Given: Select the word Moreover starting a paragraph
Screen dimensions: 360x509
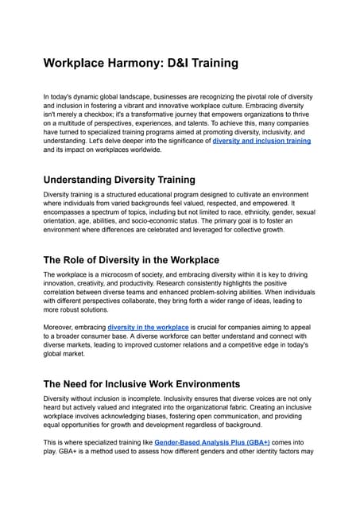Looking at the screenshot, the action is tap(62, 328).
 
